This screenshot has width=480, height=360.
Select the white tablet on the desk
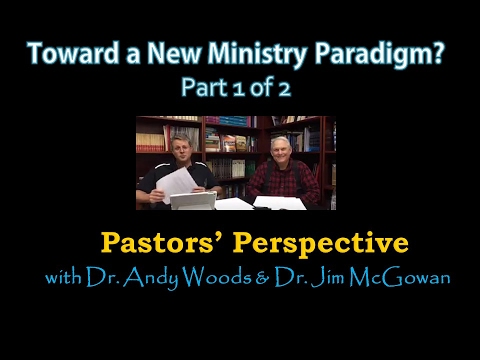point(193,200)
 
